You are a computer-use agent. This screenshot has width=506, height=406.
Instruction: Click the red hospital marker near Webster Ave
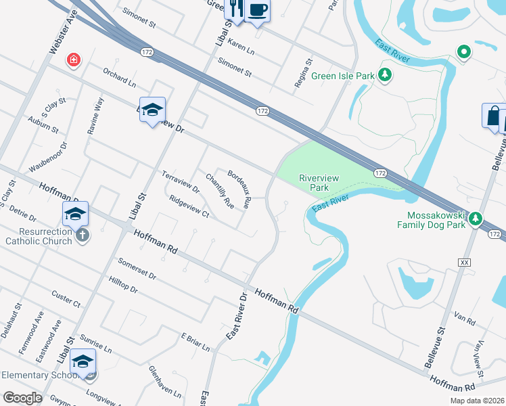pos(74,61)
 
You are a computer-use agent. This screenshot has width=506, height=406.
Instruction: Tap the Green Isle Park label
pos(342,76)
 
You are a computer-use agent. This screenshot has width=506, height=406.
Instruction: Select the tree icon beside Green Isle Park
pos(385,75)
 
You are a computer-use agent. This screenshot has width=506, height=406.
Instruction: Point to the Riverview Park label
pos(319,182)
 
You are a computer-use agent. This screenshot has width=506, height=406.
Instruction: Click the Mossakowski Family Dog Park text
pos(432,220)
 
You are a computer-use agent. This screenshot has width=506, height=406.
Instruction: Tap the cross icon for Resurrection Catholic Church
pos(82,235)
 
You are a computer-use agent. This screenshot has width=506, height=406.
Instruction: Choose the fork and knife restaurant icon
pos(235,8)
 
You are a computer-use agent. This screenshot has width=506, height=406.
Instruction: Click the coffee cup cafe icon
pos(258,11)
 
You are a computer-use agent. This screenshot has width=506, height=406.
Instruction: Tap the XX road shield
pos(464,262)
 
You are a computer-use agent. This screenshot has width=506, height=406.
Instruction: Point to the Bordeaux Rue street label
pos(239,189)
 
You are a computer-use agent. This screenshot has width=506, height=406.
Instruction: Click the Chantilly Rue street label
pos(219,191)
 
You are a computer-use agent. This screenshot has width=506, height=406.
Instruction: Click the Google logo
pos(23,398)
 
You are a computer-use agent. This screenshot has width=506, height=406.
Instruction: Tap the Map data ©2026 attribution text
pos(476,401)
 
